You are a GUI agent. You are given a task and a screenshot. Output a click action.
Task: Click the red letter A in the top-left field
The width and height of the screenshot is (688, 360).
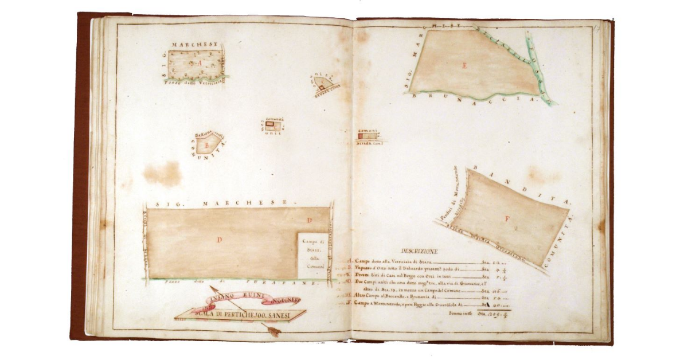tap(200, 63)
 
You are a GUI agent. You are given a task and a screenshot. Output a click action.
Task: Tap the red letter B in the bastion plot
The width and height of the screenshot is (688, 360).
tap(205, 146)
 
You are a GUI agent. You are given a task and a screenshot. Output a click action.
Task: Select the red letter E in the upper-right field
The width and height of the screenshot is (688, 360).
tap(464, 66)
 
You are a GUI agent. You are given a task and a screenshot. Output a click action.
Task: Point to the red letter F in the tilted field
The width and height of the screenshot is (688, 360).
tap(507, 218)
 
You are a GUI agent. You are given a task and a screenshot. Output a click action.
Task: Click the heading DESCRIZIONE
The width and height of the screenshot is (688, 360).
tap(420, 251)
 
